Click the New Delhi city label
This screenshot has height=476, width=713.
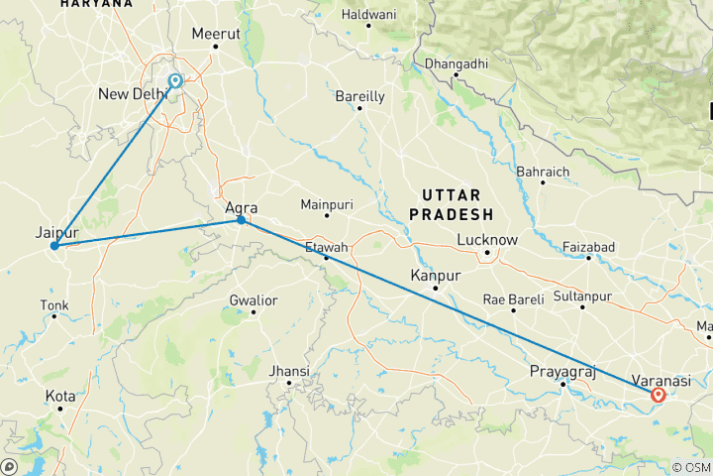click(x=133, y=94)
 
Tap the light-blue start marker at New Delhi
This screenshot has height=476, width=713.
click(x=175, y=81)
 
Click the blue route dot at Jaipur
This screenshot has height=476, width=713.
click(x=54, y=245)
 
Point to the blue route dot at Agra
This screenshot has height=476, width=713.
click(x=241, y=219)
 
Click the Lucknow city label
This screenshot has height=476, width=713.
click(x=487, y=240)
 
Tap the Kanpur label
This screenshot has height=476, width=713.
click(x=437, y=275)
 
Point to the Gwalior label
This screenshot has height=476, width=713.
click(x=253, y=300)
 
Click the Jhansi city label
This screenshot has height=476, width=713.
click(x=290, y=371)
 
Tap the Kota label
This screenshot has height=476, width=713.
click(x=59, y=396)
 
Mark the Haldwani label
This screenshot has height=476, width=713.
click(x=367, y=15)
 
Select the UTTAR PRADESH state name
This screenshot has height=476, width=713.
click(x=458, y=203)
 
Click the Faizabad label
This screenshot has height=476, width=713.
click(x=588, y=246)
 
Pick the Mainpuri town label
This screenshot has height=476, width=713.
click(x=327, y=204)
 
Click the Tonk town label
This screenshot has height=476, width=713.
click(x=54, y=304)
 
